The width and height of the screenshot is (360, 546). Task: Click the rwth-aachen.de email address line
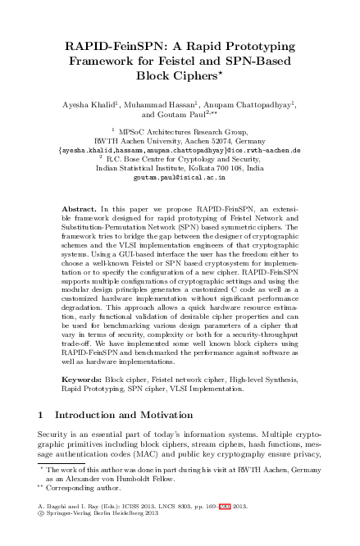[x=180, y=150]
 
